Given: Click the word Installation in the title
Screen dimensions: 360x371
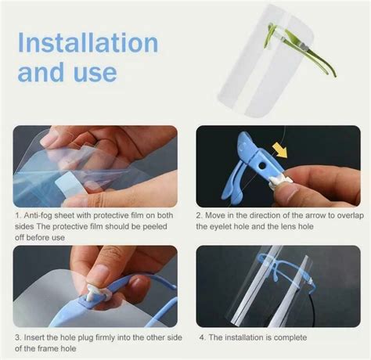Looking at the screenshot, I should tap(88, 42).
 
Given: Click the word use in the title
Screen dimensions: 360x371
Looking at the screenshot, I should tap(96, 73).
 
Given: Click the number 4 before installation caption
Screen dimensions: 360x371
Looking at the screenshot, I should tap(201, 337).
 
